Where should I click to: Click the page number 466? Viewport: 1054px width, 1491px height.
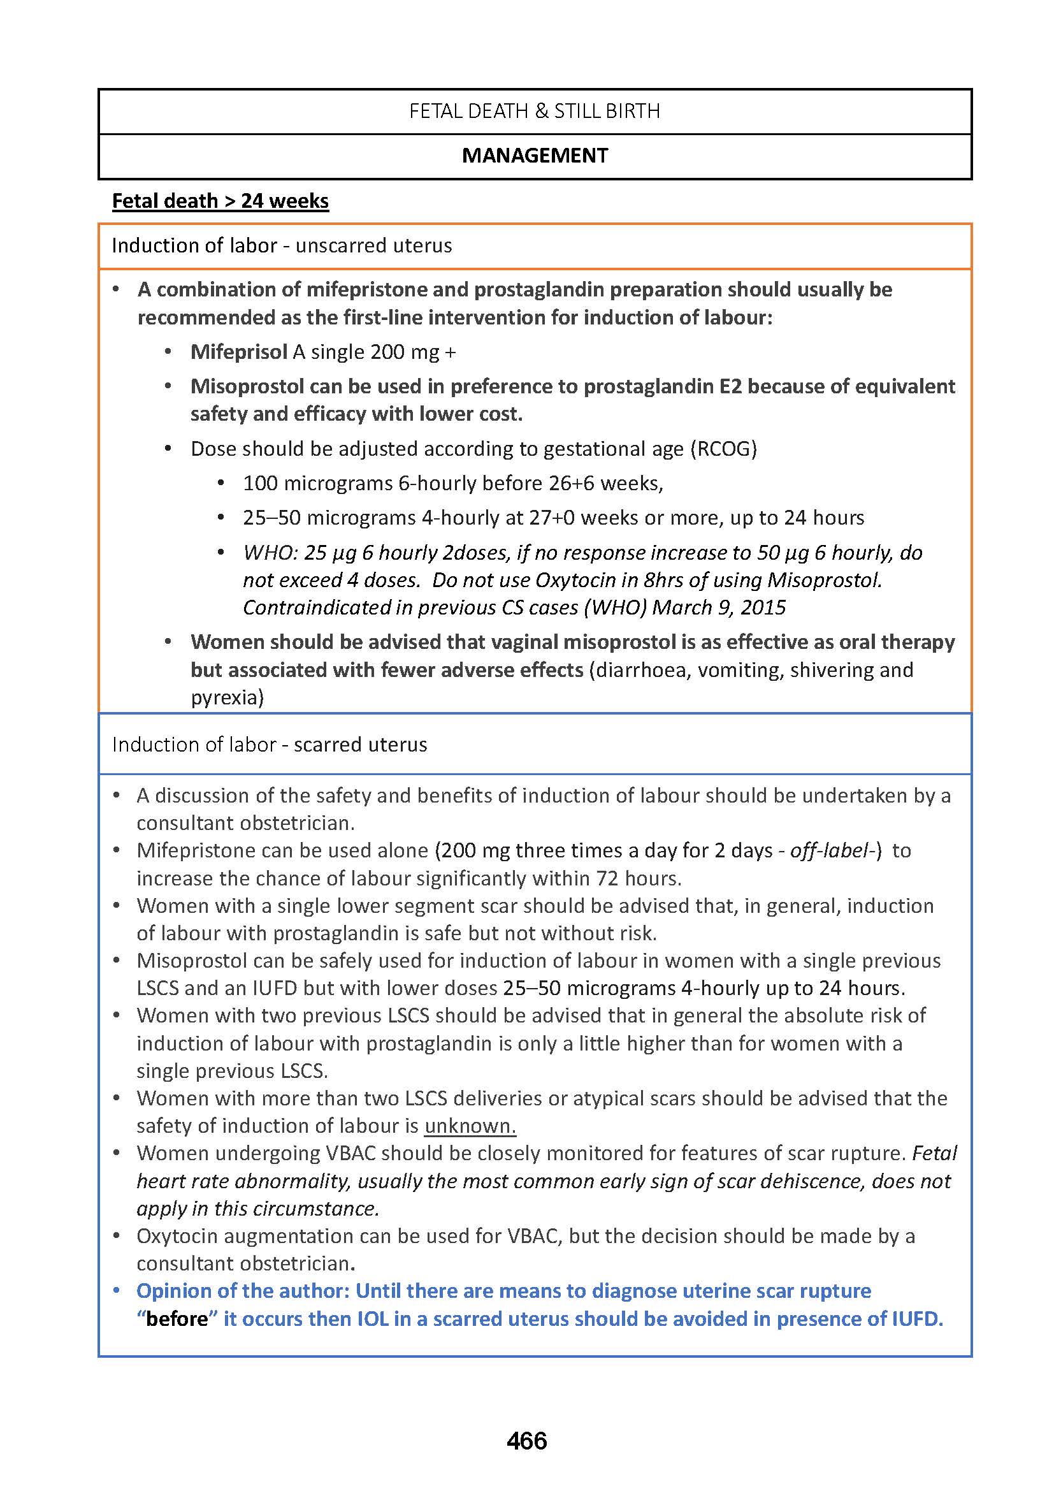coord(526,1441)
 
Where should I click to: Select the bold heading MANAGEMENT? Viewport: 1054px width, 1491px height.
coord(535,156)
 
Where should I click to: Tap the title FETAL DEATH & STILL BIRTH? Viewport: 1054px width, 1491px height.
coord(534,112)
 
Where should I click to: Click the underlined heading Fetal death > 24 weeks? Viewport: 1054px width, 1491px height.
coord(220,201)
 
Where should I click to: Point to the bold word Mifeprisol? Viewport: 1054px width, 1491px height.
coord(238,352)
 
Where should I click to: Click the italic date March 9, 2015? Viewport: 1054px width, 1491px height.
coord(718,607)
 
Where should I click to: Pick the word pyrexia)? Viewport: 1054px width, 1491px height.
coord(227,697)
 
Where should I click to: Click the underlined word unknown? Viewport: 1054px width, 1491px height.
coord(470,1125)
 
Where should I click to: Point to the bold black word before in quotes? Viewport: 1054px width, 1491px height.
coord(177,1319)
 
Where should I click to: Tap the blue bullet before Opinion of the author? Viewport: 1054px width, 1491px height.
coord(117,1291)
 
